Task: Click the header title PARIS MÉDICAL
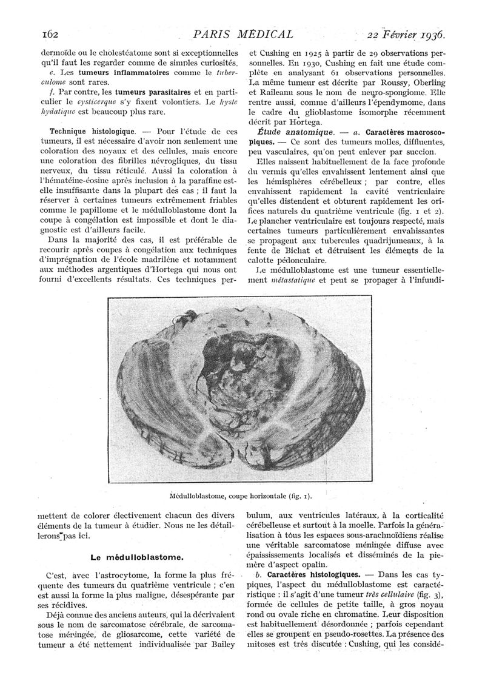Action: tap(242, 34)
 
